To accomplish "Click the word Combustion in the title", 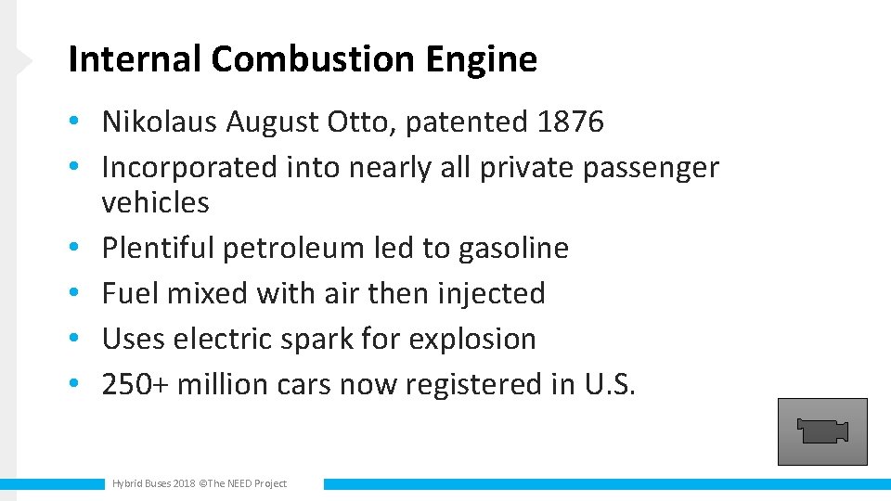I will [314, 60].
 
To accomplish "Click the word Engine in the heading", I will [482, 60].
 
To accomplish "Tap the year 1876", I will [570, 122].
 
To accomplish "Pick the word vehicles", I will [155, 202].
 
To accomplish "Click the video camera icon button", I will [822, 431].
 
